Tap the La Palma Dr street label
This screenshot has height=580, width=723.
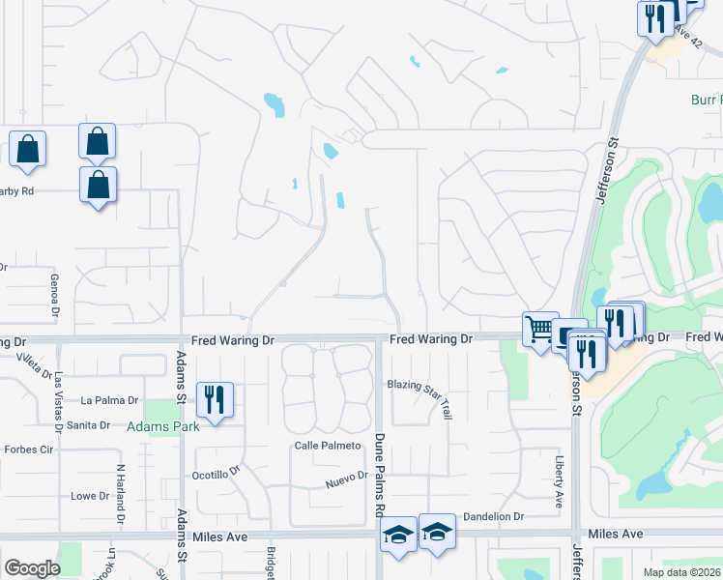[x=110, y=400]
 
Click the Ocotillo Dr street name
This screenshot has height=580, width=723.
[x=215, y=474]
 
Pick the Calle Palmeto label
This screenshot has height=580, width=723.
[x=328, y=446]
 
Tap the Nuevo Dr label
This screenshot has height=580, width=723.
[x=347, y=477]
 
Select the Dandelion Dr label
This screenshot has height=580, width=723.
[x=492, y=517]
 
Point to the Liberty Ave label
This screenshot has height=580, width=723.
[x=559, y=482]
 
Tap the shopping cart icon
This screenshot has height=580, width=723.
[x=540, y=329]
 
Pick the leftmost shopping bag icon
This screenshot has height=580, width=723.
[x=27, y=150]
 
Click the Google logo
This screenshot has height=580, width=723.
[x=32, y=568]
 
